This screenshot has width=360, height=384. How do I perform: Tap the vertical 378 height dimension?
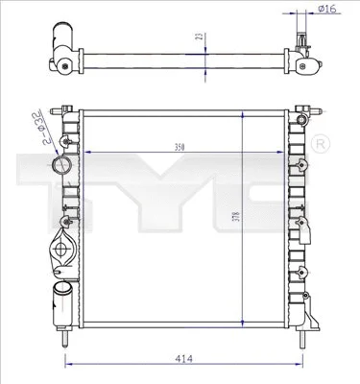234,217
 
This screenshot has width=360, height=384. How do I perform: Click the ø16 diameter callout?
326,9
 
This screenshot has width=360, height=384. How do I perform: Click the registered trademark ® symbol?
321,143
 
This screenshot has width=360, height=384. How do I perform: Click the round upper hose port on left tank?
64,166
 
